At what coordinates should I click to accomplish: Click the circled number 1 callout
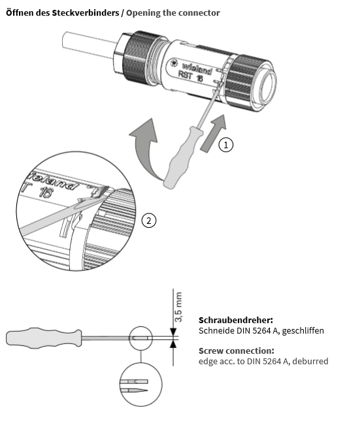(x=225, y=145)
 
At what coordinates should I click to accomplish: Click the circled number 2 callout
(x=149, y=221)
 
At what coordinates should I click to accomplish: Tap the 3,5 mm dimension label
(x=178, y=307)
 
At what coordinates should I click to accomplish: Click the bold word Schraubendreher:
(x=236, y=320)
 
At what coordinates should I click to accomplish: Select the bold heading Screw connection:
(x=237, y=351)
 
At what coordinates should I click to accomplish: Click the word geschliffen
(x=303, y=331)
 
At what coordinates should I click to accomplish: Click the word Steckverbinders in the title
(x=86, y=13)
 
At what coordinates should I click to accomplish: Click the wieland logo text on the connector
(x=197, y=68)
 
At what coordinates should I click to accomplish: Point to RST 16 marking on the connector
(x=190, y=76)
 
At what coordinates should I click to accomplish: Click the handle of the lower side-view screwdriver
(x=44, y=338)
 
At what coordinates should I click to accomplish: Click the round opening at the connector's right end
(x=267, y=86)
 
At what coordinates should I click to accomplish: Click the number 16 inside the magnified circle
(x=45, y=193)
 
